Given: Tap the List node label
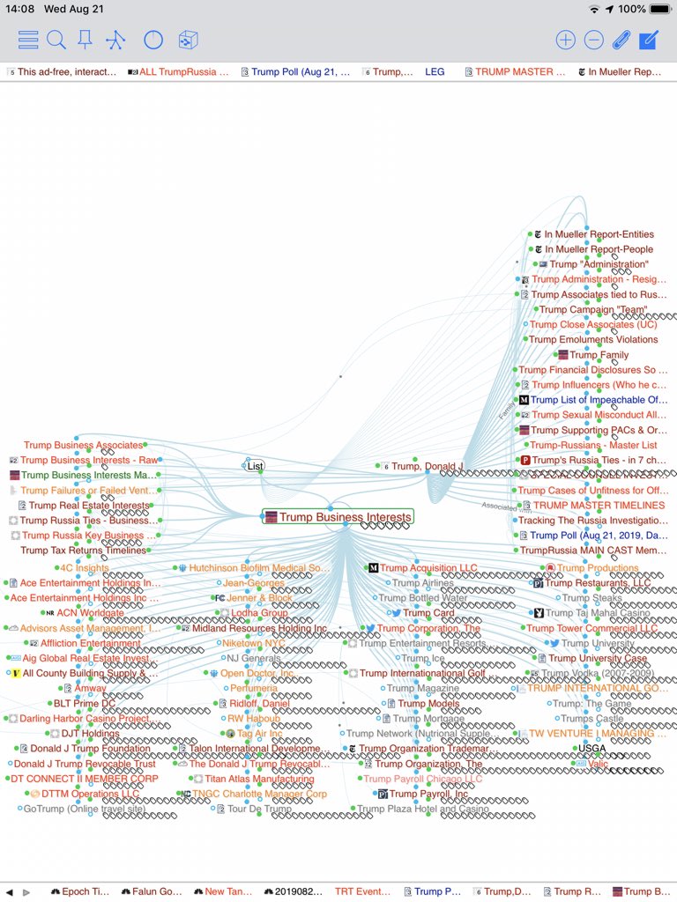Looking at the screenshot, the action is tap(255, 466).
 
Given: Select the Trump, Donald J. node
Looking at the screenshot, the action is tap(427, 466).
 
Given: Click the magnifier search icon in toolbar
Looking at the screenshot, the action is tap(56, 40).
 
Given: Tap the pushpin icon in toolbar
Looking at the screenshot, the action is tap(86, 40).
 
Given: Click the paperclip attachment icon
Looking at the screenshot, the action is tap(621, 40).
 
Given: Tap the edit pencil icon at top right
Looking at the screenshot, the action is tap(649, 40).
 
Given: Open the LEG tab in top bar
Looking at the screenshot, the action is tap(435, 72).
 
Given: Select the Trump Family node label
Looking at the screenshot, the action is tap(599, 355).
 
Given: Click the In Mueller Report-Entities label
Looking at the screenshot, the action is tap(599, 234).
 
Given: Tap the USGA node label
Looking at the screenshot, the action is tap(591, 749).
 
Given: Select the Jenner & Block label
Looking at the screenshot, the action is tap(259, 598).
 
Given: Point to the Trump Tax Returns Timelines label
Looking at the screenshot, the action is tap(84, 551).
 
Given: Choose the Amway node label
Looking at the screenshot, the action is tap(90, 688).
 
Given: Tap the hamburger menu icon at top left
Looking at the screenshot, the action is tap(28, 40).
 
